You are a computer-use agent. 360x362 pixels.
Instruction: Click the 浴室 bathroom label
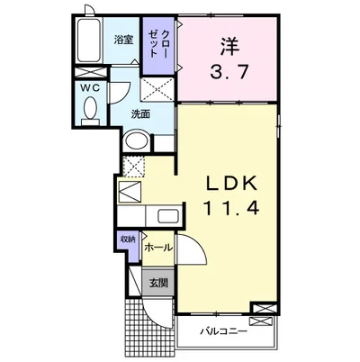pyautogui.click(x=123, y=40)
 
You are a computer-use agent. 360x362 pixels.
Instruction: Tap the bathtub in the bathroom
pyautogui.click(x=88, y=41)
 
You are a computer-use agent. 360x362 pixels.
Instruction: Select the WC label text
pyautogui.click(x=90, y=87)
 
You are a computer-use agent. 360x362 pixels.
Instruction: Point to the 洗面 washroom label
pyautogui.click(x=140, y=114)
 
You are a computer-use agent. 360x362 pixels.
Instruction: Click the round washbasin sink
pyautogui.click(x=137, y=140)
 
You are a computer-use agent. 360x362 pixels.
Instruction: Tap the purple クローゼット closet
pyautogui.click(x=158, y=46)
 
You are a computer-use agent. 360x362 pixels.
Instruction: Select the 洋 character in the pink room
pyautogui.click(x=229, y=46)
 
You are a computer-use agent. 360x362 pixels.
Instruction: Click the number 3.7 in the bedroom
pyautogui.click(x=229, y=72)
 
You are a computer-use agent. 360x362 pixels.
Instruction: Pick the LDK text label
pyautogui.click(x=231, y=184)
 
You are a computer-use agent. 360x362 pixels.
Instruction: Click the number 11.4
pyautogui.click(x=231, y=208)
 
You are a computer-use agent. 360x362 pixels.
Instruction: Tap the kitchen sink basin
pyautogui.click(x=168, y=216)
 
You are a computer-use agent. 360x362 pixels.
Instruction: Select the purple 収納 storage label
pyautogui.click(x=128, y=240)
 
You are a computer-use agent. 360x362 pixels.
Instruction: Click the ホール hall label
pyautogui.click(x=158, y=248)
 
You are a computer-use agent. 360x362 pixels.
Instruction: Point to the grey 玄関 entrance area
pyautogui.click(x=158, y=283)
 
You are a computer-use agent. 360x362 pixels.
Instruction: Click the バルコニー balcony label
pyautogui.click(x=224, y=331)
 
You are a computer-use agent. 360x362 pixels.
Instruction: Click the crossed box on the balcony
pyautogui.click(x=262, y=321)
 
